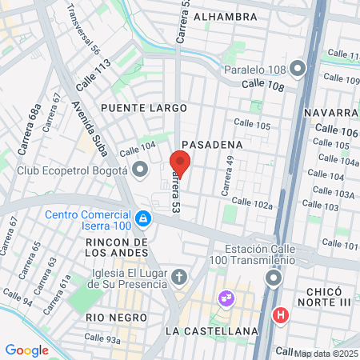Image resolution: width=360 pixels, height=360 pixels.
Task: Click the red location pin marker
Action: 180,163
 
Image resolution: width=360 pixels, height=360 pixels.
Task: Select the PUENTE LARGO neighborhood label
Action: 144,107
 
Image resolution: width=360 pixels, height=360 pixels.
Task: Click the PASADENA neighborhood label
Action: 212,144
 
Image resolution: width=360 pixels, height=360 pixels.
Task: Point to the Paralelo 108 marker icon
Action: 298,69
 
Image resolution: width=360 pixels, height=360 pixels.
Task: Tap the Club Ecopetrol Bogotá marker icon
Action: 141,170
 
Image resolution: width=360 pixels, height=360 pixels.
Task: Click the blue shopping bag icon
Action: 142,217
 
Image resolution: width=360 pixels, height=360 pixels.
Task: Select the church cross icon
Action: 180,278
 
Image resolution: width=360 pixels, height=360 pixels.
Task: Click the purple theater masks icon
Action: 227,298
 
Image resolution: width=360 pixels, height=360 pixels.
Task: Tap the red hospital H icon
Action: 280,315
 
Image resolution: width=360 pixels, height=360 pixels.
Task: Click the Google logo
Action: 27,350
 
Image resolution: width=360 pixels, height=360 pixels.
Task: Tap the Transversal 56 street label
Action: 84,29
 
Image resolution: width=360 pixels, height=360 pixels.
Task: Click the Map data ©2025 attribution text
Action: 326,353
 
